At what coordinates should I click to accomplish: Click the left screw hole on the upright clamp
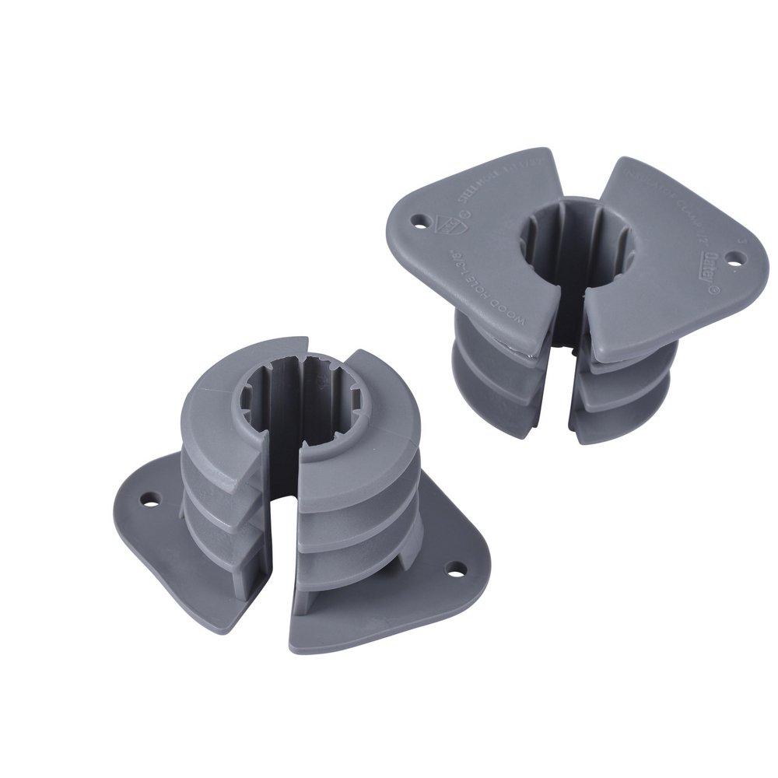pos(420,221)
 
